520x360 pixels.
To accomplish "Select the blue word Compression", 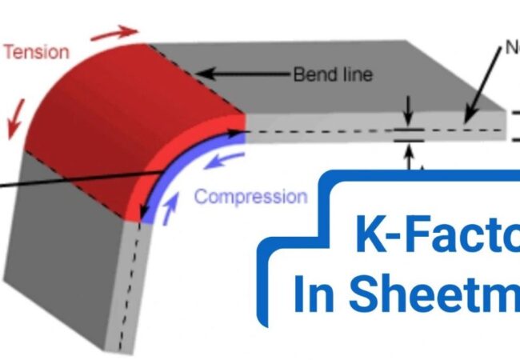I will (x=250, y=196).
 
